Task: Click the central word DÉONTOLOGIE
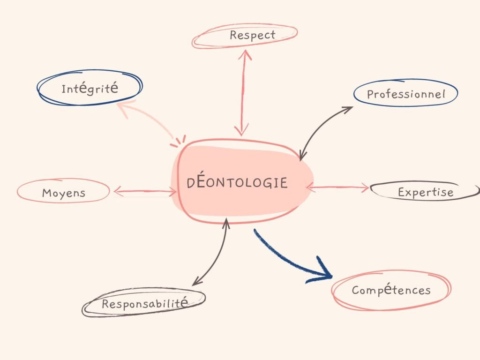click(237, 182)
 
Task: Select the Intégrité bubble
click(90, 88)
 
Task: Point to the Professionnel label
click(405, 94)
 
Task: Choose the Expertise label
click(426, 192)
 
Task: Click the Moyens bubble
click(63, 192)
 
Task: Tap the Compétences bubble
click(391, 290)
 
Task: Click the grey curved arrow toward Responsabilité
click(213, 255)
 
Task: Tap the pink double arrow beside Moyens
click(145, 191)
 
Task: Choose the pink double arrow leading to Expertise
click(337, 188)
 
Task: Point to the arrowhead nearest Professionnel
click(346, 110)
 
